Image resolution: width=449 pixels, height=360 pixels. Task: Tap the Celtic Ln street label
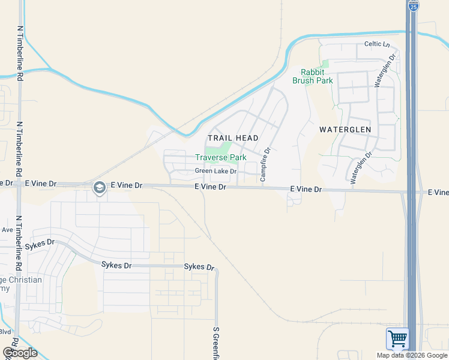pyautogui.click(x=377, y=45)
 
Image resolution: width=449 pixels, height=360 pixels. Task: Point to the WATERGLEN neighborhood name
pyautogui.click(x=345, y=130)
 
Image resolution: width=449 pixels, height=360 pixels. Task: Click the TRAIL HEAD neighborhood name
pyautogui.click(x=233, y=138)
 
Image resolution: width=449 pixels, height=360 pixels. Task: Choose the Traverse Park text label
pyautogui.click(x=220, y=157)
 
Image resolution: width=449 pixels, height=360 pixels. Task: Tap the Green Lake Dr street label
pyautogui.click(x=215, y=172)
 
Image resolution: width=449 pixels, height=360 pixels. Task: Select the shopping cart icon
pyautogui.click(x=397, y=339)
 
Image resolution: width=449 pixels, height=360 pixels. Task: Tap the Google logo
pyautogui.click(x=20, y=353)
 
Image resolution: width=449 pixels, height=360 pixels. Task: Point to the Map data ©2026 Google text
pyautogui.click(x=412, y=355)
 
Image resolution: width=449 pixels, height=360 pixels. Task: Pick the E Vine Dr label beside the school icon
pyautogui.click(x=126, y=186)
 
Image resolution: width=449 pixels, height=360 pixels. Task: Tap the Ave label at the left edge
pyautogui.click(x=7, y=230)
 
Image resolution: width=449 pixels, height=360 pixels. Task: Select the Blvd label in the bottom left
pyautogui.click(x=5, y=331)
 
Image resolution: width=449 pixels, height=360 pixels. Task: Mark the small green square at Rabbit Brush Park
pyautogui.click(x=325, y=64)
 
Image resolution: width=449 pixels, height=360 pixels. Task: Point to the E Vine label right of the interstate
pyautogui.click(x=438, y=193)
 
